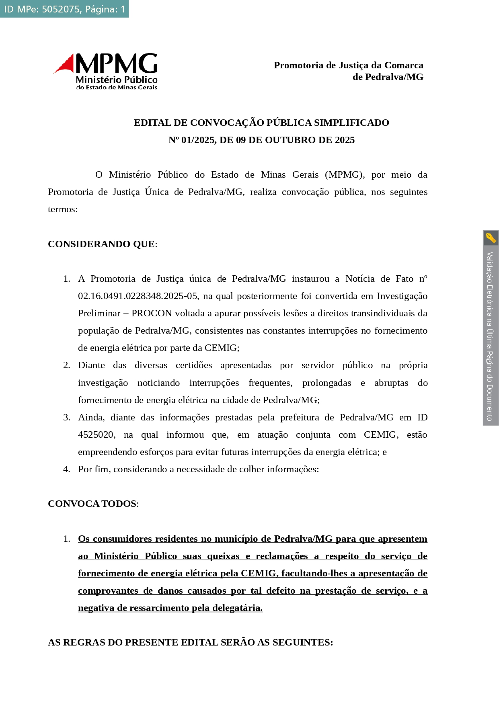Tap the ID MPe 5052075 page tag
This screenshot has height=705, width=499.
64,9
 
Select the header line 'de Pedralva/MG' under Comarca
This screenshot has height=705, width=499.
388,77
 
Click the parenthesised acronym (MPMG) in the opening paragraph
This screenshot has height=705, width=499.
345,174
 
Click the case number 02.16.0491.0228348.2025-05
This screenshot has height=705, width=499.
138,296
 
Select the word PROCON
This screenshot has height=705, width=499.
152,313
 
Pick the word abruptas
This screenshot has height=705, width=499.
391,383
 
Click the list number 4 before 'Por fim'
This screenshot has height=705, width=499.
66,469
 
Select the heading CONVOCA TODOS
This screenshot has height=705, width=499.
92,504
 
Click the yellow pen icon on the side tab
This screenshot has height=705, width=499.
491,238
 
